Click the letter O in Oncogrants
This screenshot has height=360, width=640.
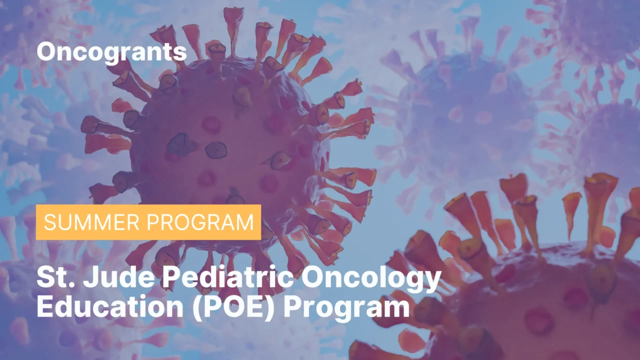tap(45, 52)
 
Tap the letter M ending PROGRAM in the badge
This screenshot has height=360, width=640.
tap(245, 222)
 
